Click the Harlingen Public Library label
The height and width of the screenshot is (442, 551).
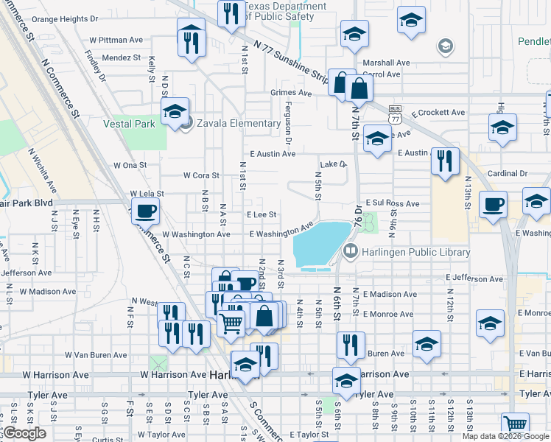(415, 253)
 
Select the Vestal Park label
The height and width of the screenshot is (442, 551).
(129, 124)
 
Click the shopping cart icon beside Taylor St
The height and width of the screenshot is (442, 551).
(515, 425)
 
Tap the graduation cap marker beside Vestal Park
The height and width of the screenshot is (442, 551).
(175, 113)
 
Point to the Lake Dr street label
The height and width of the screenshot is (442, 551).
(332, 164)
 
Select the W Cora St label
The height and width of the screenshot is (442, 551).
(201, 175)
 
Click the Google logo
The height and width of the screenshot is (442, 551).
(24, 433)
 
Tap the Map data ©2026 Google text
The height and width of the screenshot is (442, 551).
(505, 436)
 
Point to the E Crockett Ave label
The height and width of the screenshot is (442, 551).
(438, 113)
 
